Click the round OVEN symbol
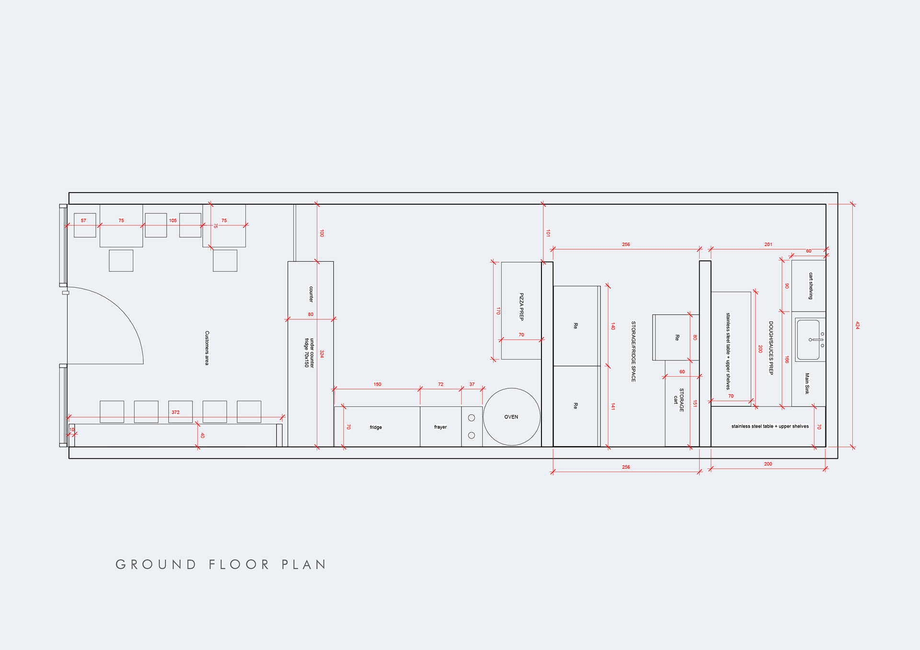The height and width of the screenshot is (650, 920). pos(511,417)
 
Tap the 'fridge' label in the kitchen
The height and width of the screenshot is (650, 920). pos(376,427)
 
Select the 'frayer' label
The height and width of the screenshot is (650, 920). pos(440,427)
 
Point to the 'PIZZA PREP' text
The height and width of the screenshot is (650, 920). pos(522,307)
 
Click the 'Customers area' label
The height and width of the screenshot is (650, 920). pos(207,348)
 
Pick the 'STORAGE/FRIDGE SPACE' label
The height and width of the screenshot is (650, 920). pos(633,351)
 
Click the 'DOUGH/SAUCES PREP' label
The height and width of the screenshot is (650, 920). pos(771,348)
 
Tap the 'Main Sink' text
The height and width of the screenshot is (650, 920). pos(807,383)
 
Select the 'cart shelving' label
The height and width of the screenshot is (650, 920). pos(811,286)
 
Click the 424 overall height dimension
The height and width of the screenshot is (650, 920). pos(857,325)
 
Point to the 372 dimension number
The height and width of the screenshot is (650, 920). pos(175,412)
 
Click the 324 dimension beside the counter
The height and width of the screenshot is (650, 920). pos(322,354)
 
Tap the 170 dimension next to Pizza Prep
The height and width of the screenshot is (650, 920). pos(498,311)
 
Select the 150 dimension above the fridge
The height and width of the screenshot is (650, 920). pos(378,384)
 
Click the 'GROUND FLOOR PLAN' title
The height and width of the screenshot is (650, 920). pos(221,565)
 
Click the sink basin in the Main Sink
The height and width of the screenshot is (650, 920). pos(808,339)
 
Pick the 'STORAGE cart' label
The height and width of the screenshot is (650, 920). pos(678,400)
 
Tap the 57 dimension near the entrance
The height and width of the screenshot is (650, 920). pos(83,221)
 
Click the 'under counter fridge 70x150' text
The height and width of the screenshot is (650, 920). pos(309,353)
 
